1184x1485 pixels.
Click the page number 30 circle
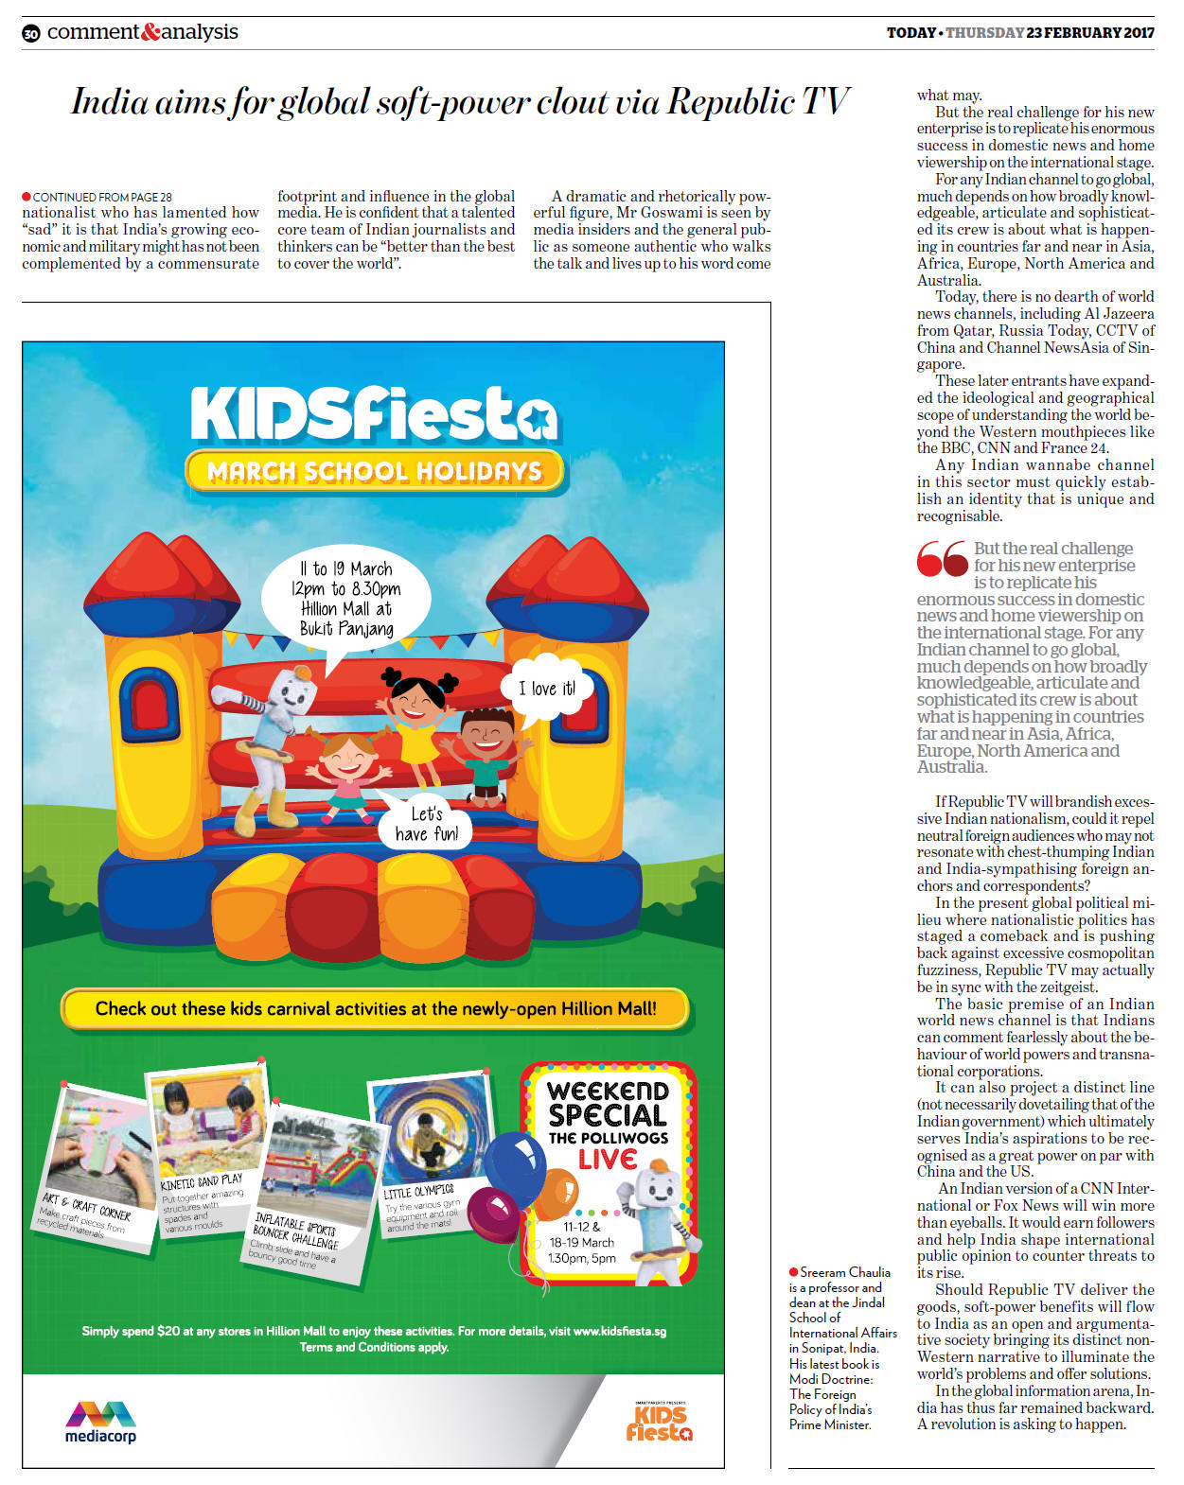pos(31,33)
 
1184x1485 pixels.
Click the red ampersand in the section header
pos(150,32)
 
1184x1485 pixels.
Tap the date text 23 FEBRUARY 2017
pos(1090,32)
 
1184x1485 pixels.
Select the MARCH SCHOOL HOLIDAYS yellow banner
pos(374,471)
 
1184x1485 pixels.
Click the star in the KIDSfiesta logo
pos(539,417)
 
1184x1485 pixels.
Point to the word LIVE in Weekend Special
pos(607,1159)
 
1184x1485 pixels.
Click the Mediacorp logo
pos(100,1422)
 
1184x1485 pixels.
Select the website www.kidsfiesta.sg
pos(619,1331)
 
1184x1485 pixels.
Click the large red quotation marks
pos(942,558)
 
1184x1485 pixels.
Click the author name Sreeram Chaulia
pos(844,1272)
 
